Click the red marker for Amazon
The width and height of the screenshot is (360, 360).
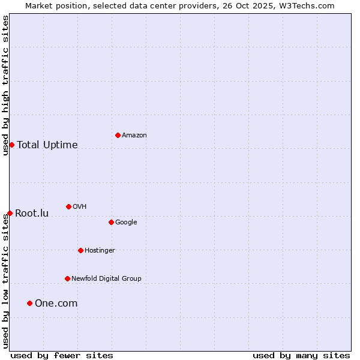(x=118, y=135)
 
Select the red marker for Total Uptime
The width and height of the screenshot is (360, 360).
(x=11, y=145)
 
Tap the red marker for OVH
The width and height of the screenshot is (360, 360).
(x=68, y=206)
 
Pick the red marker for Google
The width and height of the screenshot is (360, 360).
(x=111, y=222)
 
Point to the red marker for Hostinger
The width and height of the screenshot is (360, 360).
(x=80, y=250)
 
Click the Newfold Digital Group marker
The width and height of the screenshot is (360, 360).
(x=67, y=278)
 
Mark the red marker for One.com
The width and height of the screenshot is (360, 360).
(x=29, y=303)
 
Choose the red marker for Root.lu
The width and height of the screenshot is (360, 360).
(x=10, y=213)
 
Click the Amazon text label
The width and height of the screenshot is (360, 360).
(x=134, y=136)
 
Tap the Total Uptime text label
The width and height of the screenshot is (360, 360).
(x=47, y=145)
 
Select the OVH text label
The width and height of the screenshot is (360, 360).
(x=80, y=207)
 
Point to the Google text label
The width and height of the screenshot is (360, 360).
(x=126, y=223)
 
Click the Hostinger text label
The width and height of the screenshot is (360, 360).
(x=100, y=251)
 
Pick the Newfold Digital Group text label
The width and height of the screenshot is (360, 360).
(x=106, y=279)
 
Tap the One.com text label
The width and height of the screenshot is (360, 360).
(x=56, y=304)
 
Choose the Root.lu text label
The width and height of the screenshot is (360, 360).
(x=32, y=214)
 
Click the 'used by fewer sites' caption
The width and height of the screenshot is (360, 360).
(x=62, y=355)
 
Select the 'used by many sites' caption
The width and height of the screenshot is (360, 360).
(x=301, y=355)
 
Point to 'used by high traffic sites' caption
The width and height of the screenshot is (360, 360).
(x=5, y=85)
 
